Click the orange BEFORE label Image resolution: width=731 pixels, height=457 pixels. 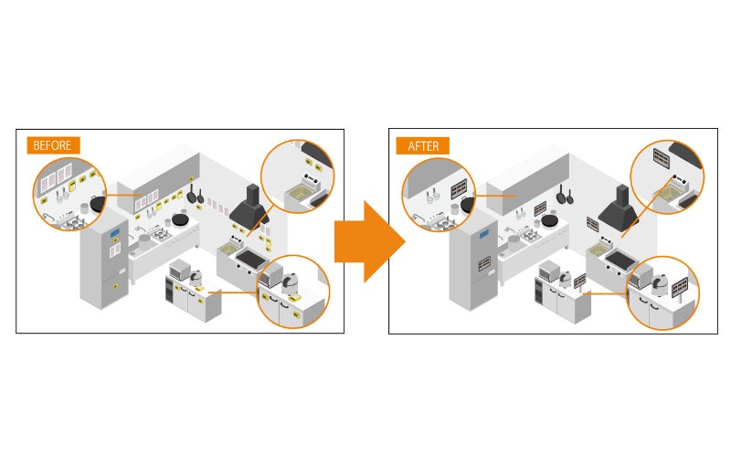(x=53, y=144)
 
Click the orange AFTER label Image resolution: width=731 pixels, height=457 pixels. (x=422, y=144)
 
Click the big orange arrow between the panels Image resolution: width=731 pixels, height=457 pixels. (x=368, y=240)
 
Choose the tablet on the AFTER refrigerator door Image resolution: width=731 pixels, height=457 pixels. (x=483, y=263)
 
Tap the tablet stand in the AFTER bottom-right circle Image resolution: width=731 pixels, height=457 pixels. (x=681, y=292)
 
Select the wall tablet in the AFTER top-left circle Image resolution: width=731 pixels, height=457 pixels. (x=459, y=187)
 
